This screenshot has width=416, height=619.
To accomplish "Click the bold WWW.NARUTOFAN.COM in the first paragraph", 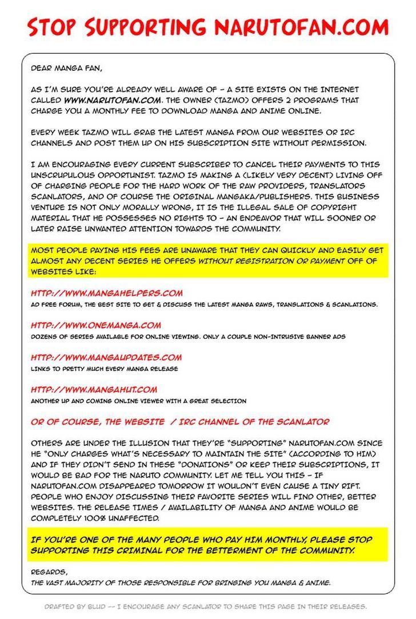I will coord(96,99).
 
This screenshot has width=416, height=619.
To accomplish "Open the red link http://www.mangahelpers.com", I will coord(107,293).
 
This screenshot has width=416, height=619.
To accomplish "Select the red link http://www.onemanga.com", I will coord(96,325).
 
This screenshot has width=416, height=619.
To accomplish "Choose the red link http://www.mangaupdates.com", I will coord(106,357).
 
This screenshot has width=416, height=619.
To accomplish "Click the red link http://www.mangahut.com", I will coord(94,389).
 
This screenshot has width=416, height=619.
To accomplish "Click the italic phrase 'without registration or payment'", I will coord(271,261).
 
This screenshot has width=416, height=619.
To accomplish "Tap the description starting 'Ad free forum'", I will coord(204,305).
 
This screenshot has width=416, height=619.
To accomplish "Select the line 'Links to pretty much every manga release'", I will coord(104,369).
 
